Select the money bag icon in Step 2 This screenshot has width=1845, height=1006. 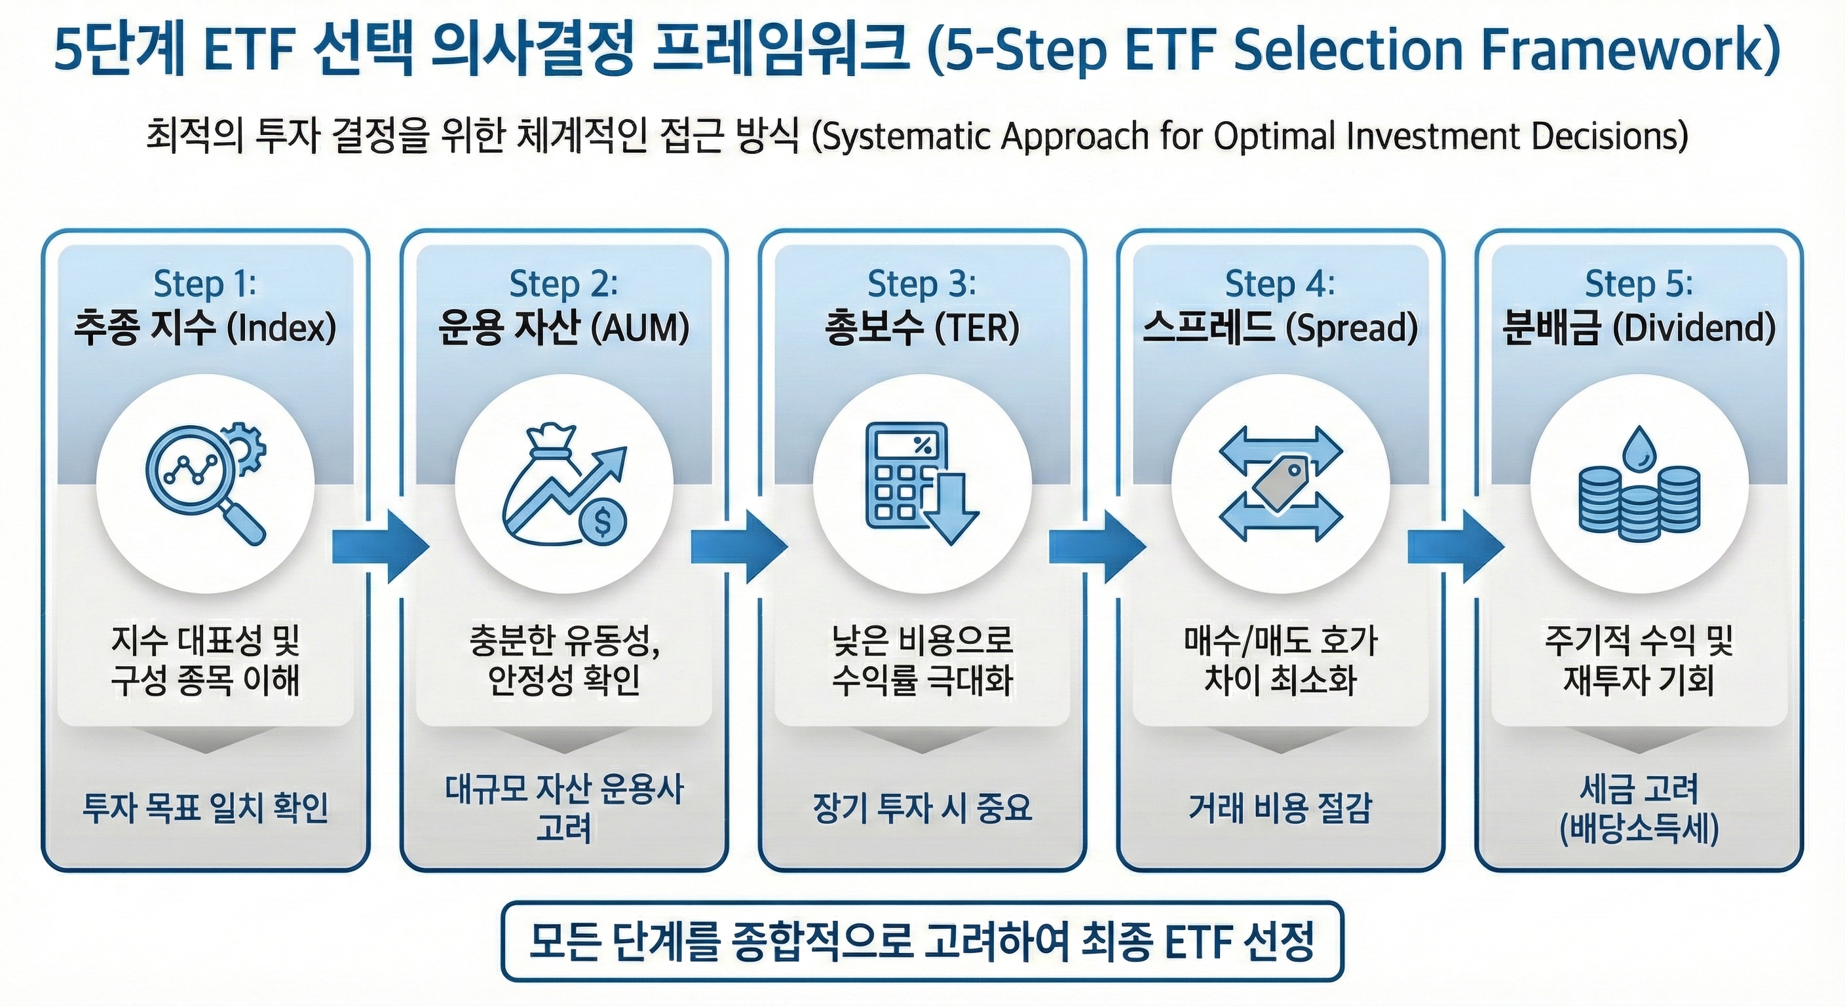544,487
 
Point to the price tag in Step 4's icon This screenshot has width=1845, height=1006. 1281,484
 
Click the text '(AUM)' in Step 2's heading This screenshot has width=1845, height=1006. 640,329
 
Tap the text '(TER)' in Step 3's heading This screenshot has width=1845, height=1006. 977,329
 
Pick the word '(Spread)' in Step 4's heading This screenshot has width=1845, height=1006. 1352,329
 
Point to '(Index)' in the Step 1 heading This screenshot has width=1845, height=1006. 282,329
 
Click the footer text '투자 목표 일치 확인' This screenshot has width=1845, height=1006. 206,808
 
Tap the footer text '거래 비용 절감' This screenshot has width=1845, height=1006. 1280,808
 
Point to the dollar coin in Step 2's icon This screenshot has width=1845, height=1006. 603,521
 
